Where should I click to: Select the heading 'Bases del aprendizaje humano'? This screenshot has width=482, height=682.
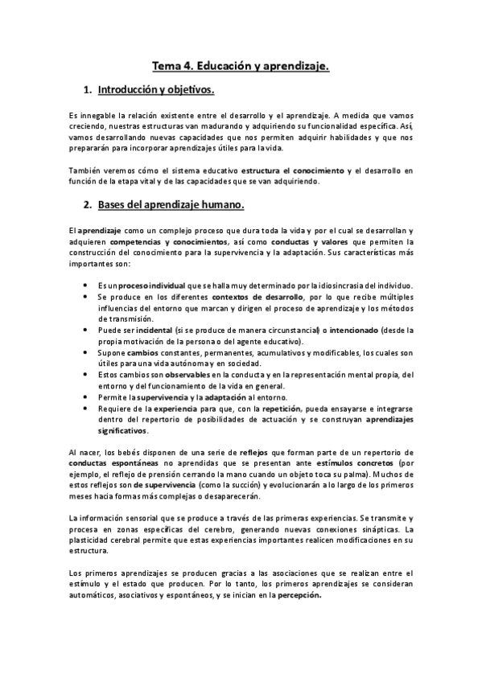coord(164,207)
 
